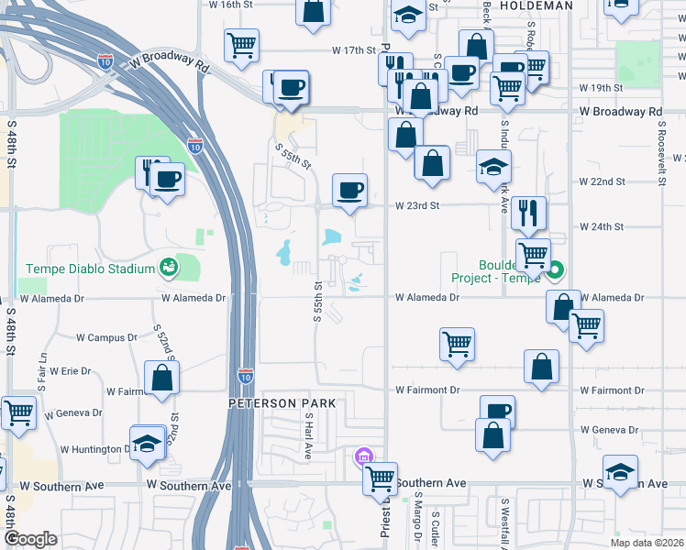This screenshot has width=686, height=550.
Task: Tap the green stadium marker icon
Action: pos(168,268)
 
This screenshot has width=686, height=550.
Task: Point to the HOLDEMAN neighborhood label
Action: pos(536,5)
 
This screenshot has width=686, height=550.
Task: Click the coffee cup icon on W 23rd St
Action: pos(349,191)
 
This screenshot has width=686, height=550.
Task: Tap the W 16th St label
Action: pos(230,5)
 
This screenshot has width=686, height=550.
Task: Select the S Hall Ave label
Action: pos(309,434)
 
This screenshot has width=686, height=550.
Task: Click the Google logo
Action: pos(30,539)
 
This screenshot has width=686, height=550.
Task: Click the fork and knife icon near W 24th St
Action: pos(529,214)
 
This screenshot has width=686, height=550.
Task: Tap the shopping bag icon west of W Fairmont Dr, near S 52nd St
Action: pos(161,378)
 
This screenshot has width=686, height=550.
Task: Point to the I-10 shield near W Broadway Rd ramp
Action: pos(105,61)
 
